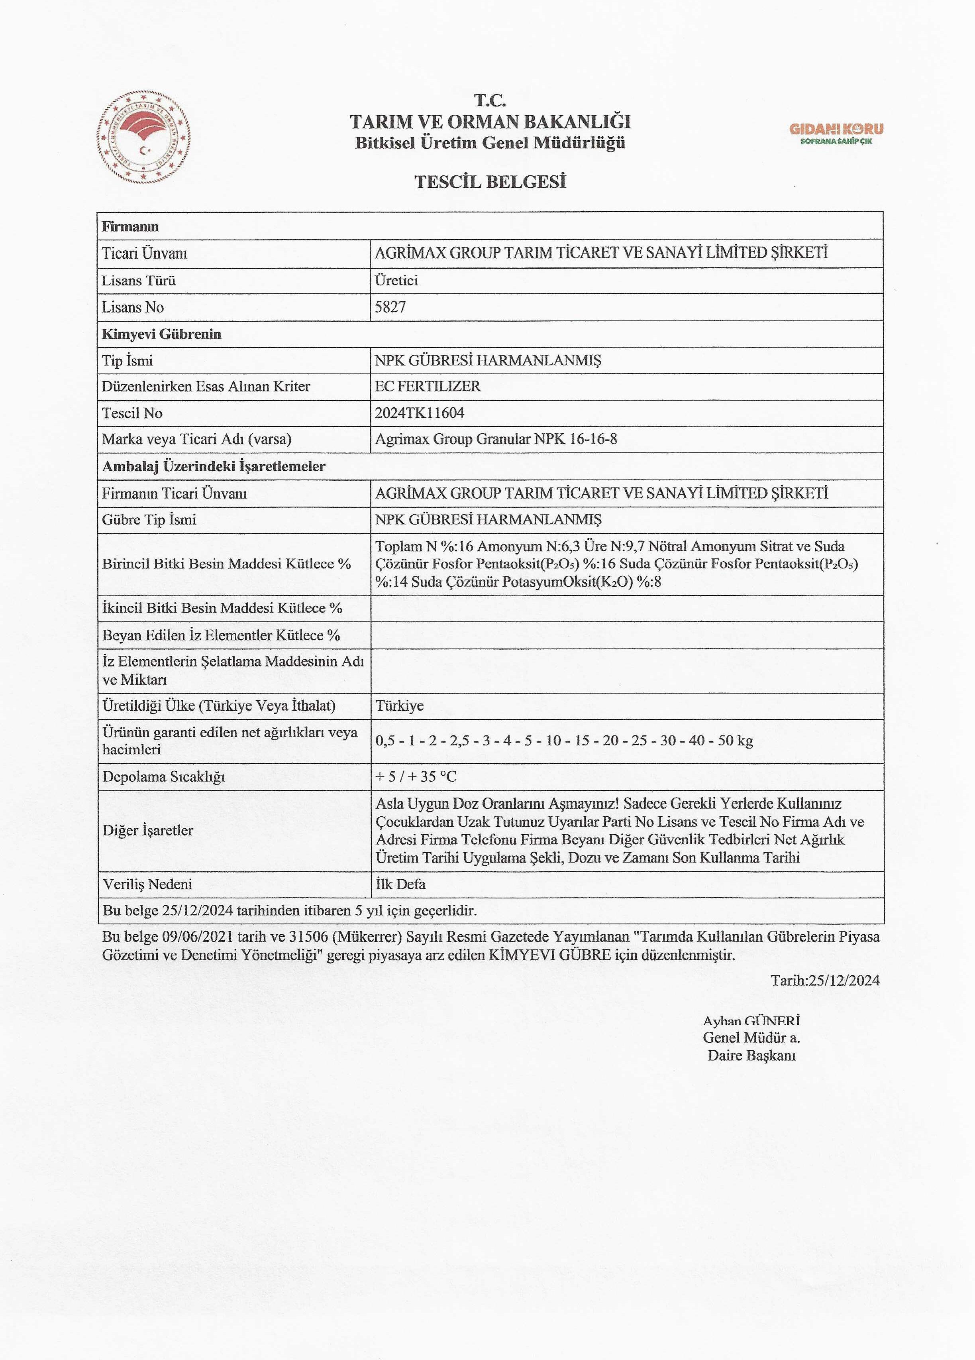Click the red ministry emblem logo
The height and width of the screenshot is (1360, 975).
tap(144, 138)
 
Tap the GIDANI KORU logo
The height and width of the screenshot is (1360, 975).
tap(836, 133)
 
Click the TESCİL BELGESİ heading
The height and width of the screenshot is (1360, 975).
tap(490, 182)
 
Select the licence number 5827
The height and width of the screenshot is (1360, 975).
tap(390, 307)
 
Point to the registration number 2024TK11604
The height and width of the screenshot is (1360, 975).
tap(420, 413)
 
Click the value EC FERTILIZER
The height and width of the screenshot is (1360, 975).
tap(428, 386)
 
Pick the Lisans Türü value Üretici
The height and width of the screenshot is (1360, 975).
tap(396, 280)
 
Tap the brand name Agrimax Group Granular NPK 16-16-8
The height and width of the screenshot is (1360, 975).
tap(496, 439)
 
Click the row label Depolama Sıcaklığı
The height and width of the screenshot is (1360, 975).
tap(164, 776)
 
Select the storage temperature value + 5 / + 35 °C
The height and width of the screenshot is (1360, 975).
tap(416, 776)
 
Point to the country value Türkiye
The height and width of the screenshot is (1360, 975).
tap(400, 706)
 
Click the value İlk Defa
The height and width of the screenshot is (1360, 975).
tap(400, 884)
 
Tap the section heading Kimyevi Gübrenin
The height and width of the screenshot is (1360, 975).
tap(162, 334)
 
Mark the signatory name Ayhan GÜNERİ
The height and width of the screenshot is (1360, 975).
tap(751, 1021)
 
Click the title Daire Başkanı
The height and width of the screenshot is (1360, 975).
tap(751, 1055)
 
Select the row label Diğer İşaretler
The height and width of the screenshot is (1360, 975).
tap(148, 831)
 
